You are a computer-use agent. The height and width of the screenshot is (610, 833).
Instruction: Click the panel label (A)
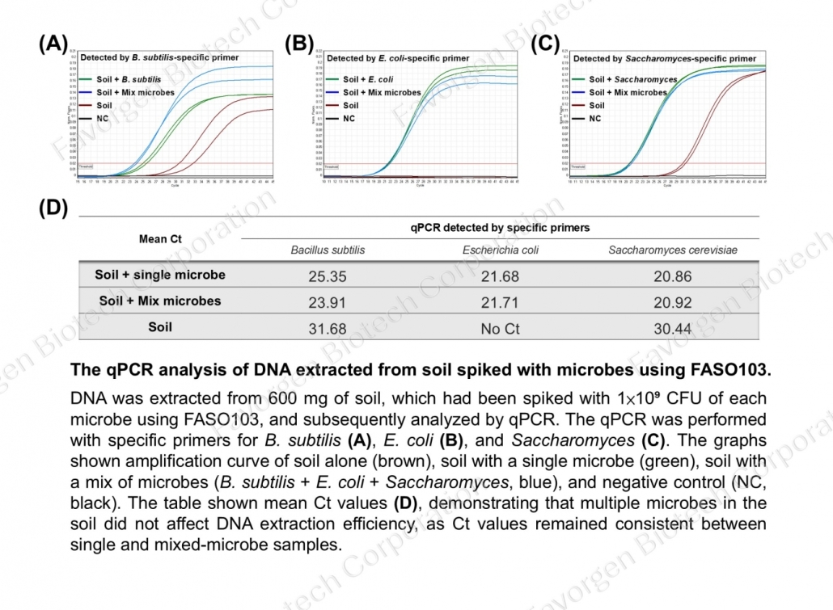pyautogui.click(x=53, y=44)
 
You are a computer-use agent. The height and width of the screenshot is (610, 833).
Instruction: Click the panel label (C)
pyautogui.click(x=545, y=44)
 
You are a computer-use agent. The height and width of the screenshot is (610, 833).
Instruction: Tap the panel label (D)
pyautogui.click(x=53, y=208)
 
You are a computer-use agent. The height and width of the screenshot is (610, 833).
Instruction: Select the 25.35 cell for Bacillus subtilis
pyautogui.click(x=328, y=276)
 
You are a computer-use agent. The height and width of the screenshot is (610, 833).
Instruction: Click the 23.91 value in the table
pyautogui.click(x=328, y=302)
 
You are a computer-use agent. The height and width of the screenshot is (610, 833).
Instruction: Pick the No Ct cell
pyautogui.click(x=500, y=328)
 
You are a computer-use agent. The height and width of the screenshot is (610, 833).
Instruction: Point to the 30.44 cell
pyautogui.click(x=673, y=328)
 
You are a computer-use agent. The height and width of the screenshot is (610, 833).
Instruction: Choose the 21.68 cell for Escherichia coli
pyautogui.click(x=500, y=276)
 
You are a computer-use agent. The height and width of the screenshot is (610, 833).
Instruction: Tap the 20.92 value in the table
pyautogui.click(x=673, y=302)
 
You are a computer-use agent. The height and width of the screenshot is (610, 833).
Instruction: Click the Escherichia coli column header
pyautogui.click(x=500, y=250)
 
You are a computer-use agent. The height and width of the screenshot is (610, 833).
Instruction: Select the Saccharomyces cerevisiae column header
pyautogui.click(x=673, y=250)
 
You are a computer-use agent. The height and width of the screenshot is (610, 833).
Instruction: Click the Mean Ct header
pyautogui.click(x=160, y=239)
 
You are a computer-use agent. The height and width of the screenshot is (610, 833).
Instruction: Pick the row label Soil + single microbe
pyautogui.click(x=160, y=275)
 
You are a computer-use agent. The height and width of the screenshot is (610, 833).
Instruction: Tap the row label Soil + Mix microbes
pyautogui.click(x=160, y=301)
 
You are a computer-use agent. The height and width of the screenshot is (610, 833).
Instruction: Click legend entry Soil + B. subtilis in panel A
pyautogui.click(x=129, y=80)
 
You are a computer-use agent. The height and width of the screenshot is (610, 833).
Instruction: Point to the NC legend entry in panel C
pyautogui.click(x=595, y=119)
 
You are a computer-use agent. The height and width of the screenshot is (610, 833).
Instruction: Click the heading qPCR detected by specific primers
pyautogui.click(x=500, y=228)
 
